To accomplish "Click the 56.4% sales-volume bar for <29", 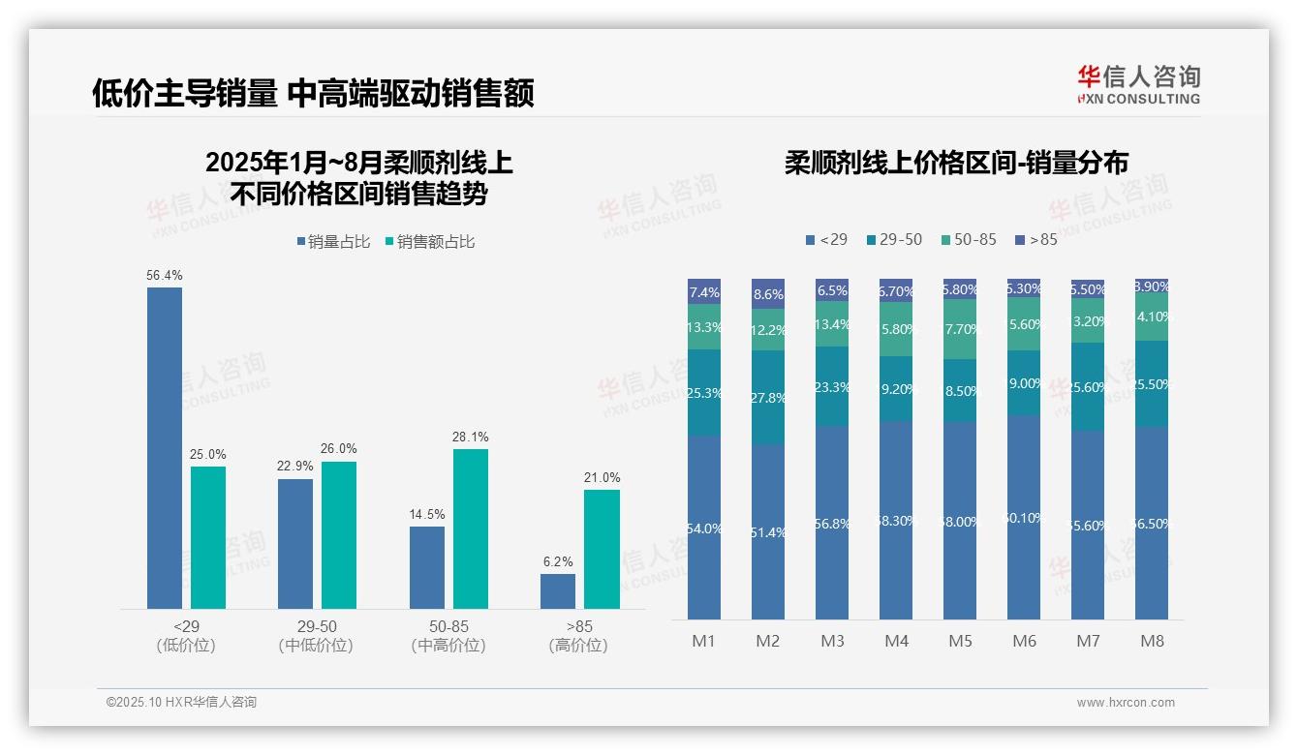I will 164,447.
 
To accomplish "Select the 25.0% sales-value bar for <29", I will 208,537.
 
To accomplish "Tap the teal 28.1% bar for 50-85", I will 470,528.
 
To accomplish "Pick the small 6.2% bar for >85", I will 558,591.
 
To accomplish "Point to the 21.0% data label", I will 602,478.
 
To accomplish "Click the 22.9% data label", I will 295,467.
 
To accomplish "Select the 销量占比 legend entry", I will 333,242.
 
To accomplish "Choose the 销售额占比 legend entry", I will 430,242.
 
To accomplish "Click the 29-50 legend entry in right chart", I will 894,239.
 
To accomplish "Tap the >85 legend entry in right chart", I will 1036,239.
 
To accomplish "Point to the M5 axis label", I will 960,641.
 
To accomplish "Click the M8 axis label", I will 1152,641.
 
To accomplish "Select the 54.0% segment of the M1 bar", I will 704,528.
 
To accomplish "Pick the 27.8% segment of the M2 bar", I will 768,398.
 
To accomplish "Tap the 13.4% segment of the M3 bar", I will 832,324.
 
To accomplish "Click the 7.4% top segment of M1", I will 704,292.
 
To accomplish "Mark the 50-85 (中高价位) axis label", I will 448,636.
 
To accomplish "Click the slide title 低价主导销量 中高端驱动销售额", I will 313,94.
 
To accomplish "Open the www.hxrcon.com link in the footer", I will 1126,703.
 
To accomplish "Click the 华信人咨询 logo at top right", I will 1138,84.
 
